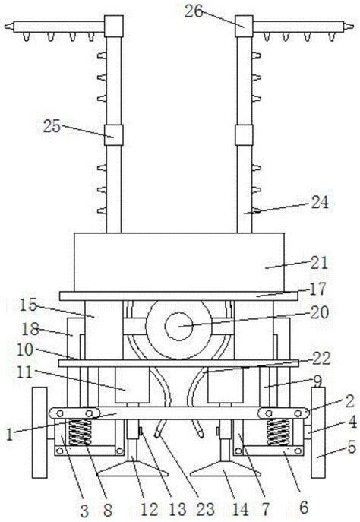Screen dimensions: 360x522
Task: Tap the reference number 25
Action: coord(52,126)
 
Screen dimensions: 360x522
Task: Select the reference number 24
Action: coord(320,202)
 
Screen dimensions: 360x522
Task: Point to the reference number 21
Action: coord(319,263)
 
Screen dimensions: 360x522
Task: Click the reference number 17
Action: coord(317,289)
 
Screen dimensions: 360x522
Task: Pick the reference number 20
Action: coord(320,312)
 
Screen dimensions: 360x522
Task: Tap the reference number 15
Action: coord(28,305)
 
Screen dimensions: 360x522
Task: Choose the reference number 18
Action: coord(30,329)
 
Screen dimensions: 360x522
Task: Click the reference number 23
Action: coord(205,509)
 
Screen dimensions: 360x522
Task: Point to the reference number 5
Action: coord(352,448)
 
